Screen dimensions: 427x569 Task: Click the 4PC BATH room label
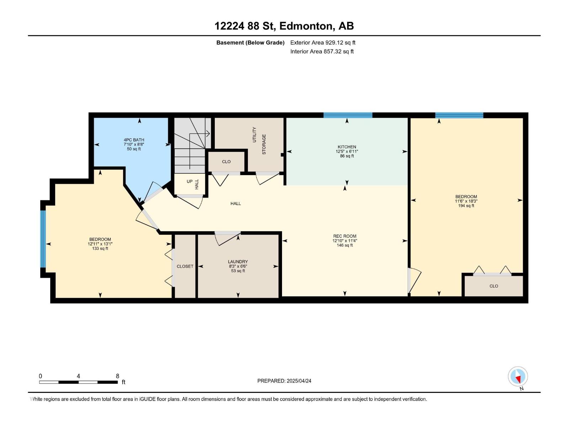pyautogui.click(x=134, y=140)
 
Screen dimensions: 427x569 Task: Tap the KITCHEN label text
pyautogui.click(x=347, y=147)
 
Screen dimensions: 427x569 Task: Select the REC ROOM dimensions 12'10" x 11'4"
pyautogui.click(x=345, y=241)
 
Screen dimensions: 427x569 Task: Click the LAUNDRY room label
pyautogui.click(x=238, y=262)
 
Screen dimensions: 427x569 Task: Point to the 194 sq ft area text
pyautogui.click(x=466, y=206)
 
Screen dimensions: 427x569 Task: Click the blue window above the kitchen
pyautogui.click(x=347, y=115)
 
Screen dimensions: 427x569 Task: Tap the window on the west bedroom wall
pyautogui.click(x=43, y=239)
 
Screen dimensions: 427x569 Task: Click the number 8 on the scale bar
pyautogui.click(x=117, y=376)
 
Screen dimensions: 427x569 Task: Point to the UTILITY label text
pyautogui.click(x=254, y=135)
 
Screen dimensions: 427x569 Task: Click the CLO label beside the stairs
pyautogui.click(x=226, y=162)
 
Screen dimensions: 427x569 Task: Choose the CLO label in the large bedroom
pyautogui.click(x=494, y=286)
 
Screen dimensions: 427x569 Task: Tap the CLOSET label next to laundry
pyautogui.click(x=185, y=266)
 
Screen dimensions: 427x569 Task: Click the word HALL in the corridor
pyautogui.click(x=235, y=204)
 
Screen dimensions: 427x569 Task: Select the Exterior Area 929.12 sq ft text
pyautogui.click(x=323, y=42)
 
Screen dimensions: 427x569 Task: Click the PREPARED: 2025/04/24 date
pyautogui.click(x=284, y=381)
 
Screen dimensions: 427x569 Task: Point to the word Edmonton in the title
pyautogui.click(x=307, y=26)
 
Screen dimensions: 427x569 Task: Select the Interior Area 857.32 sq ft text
pyautogui.click(x=322, y=51)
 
